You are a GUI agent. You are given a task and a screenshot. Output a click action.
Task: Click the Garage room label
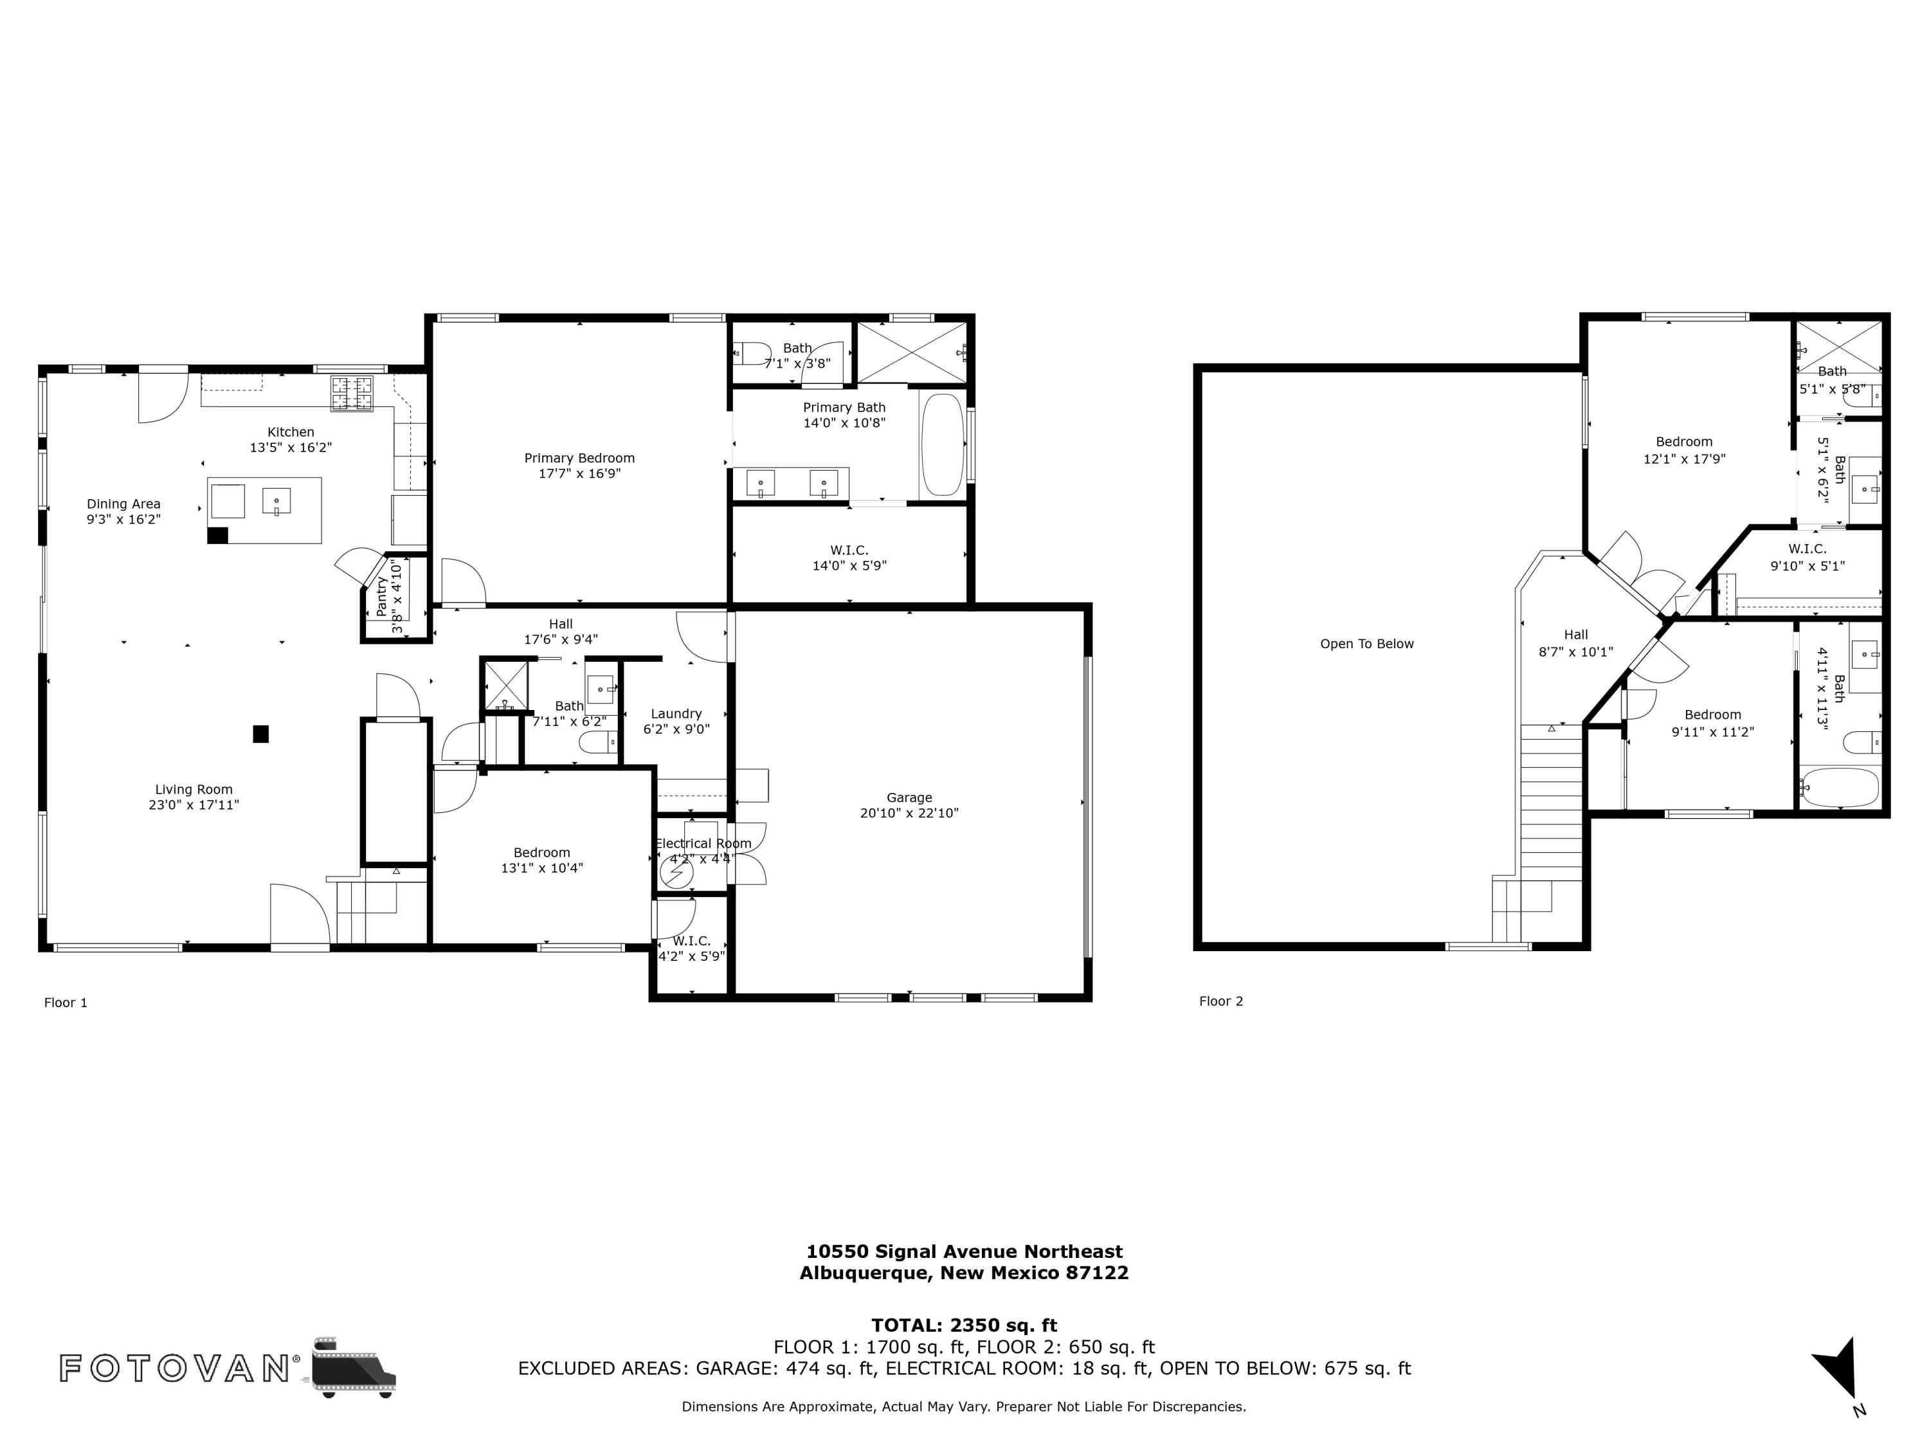click(x=910, y=797)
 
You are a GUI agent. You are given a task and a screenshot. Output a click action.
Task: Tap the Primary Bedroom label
click(x=579, y=458)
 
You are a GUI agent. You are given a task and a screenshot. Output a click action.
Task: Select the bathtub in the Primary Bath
click(x=943, y=445)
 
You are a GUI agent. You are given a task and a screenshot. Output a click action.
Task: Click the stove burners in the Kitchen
click(x=352, y=394)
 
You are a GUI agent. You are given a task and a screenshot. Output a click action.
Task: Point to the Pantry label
click(x=381, y=597)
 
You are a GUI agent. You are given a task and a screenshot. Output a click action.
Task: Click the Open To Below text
click(x=1366, y=644)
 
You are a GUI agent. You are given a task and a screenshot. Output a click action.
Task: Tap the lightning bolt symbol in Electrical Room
click(x=676, y=871)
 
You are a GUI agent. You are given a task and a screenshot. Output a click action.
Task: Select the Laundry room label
click(x=676, y=713)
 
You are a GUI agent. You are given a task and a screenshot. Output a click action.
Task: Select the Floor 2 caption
click(x=1221, y=1001)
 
